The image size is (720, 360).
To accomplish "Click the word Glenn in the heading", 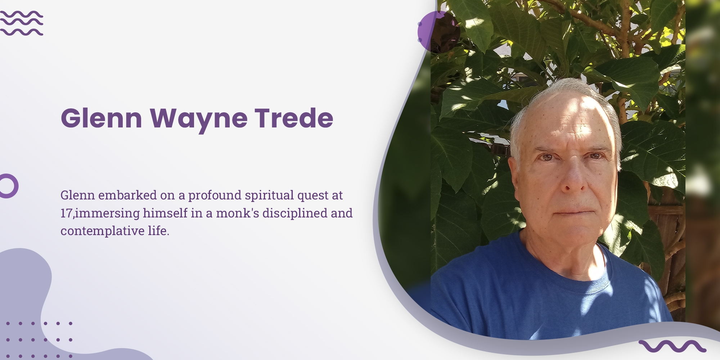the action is [102, 118].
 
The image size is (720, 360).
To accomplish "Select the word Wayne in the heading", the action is [199, 120].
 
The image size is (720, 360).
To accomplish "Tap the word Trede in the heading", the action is [294, 118].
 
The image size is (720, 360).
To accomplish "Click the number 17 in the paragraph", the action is [67, 213].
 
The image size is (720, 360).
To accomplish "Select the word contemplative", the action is [103, 231].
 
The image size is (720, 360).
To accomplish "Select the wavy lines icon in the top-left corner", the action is [22, 23].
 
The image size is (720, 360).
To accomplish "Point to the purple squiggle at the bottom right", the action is [672, 346].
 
